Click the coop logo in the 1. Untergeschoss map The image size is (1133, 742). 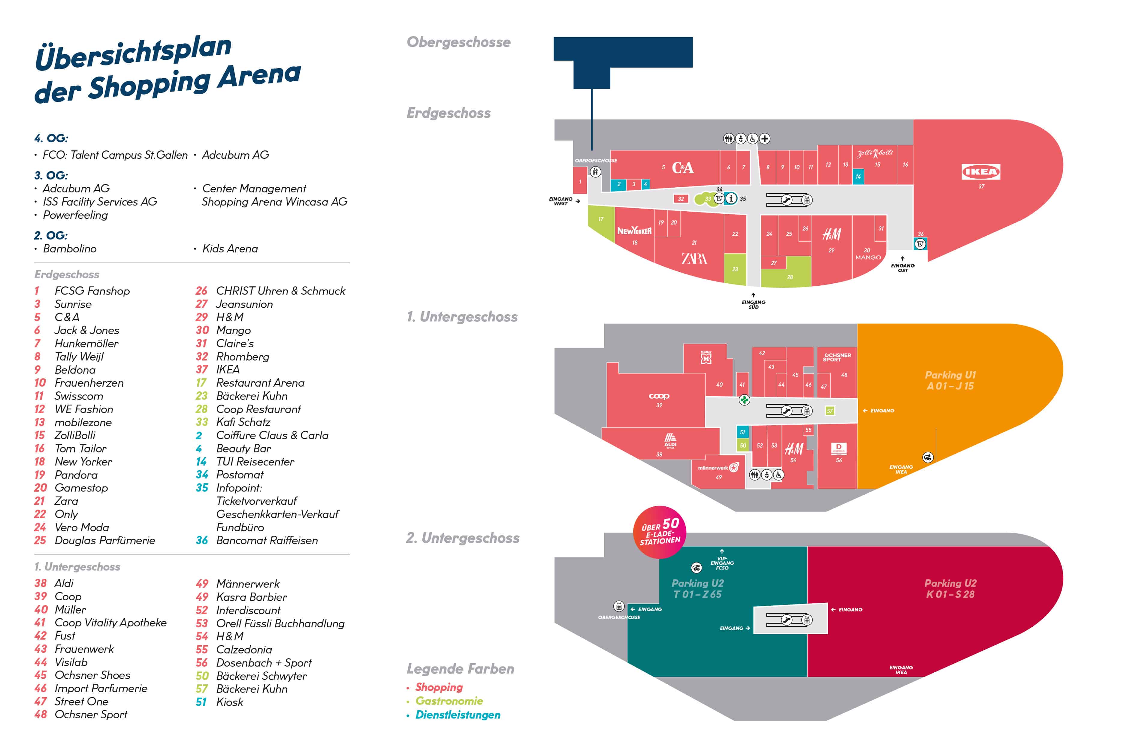tap(659, 396)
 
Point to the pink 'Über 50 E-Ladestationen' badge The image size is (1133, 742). tap(660, 532)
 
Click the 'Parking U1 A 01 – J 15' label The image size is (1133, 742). tap(950, 380)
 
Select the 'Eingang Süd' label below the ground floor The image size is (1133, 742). tap(753, 304)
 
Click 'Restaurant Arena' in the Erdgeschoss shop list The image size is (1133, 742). tap(260, 383)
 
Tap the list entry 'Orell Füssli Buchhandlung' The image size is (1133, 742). tap(280, 623)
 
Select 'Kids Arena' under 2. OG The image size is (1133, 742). tap(230, 249)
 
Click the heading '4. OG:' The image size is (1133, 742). tap(51, 138)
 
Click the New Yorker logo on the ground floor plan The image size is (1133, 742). tap(634, 231)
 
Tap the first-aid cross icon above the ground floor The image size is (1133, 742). tap(764, 138)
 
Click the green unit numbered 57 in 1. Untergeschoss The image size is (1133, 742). tap(830, 411)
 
